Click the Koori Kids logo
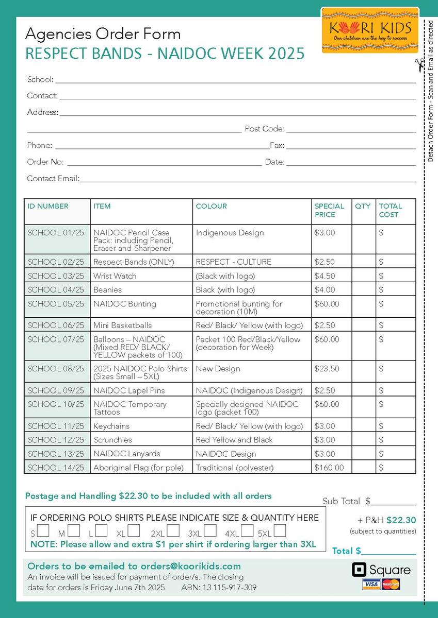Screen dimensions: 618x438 369,30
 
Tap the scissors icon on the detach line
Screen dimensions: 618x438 420,65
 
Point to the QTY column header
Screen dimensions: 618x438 363,206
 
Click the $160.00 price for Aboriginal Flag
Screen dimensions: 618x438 329,468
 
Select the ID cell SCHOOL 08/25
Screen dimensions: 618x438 56,369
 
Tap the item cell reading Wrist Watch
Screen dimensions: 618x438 115,276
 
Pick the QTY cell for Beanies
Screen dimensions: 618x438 364,290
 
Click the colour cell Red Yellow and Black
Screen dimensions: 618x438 234,440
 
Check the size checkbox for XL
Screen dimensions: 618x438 134,530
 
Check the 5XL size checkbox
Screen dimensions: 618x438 280,530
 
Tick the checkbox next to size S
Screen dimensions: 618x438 43,530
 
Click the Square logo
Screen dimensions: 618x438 382,570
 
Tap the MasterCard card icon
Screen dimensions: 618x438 391,584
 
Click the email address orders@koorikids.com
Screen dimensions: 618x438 191,566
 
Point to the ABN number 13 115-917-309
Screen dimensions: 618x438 229,588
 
